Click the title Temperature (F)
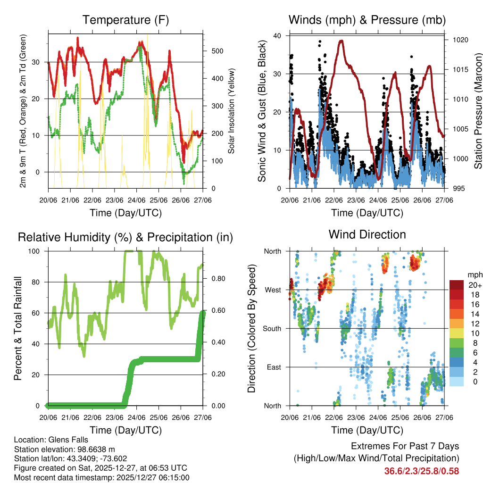coord(125,20)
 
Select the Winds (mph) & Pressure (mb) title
coord(367,20)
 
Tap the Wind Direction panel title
coord(367,234)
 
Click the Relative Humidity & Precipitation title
coord(125,237)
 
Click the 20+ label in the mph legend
coord(473,285)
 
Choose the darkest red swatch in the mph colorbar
coord(456,285)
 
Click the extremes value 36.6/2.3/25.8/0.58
coord(422,471)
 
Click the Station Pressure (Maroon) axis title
coord(478,111)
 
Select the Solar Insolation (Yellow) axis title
coord(232,111)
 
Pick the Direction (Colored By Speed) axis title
coord(252,328)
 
